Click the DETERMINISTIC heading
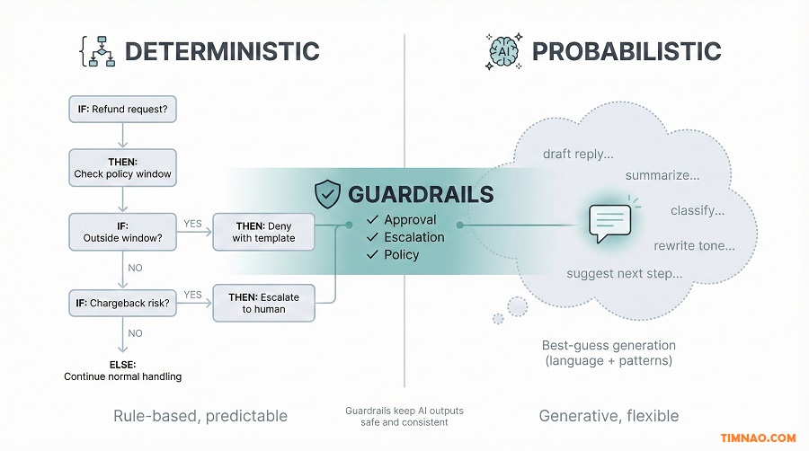(221, 50)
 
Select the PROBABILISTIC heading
(626, 50)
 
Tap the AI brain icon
(502, 50)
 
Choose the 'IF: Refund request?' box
(123, 111)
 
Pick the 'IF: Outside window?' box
(123, 231)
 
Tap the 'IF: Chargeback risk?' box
(123, 304)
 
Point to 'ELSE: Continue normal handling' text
(123, 370)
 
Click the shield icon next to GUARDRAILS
(326, 194)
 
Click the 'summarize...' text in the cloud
(662, 175)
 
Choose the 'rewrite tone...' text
(694, 245)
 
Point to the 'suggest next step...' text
(624, 273)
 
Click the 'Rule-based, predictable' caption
(200, 416)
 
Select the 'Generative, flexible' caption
(609, 416)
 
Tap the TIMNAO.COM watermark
(758, 438)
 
